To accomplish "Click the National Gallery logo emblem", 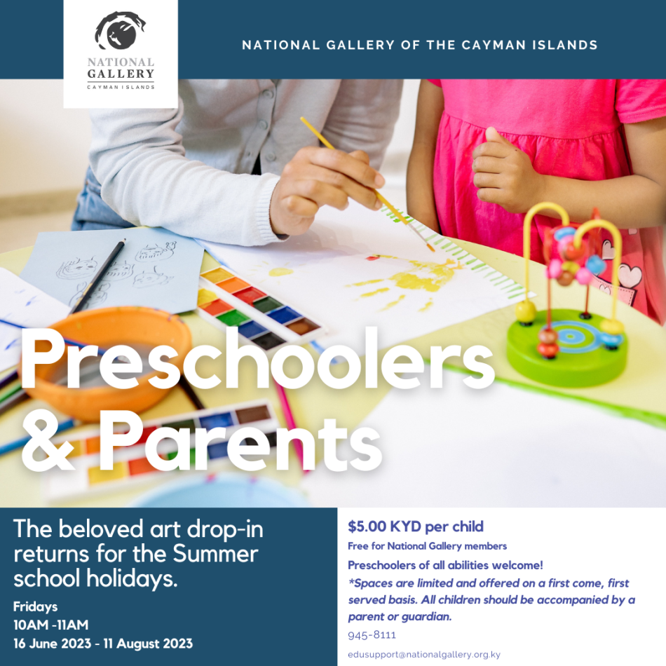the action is click(120, 31).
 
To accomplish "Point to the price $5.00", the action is click(367, 526).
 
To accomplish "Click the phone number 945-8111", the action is click(372, 635).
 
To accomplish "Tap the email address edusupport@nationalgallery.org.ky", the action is click(424, 655).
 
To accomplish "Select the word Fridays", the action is click(35, 606).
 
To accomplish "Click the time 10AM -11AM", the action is click(51, 625).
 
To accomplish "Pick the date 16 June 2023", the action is click(53, 644).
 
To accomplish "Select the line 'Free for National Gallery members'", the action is click(428, 546).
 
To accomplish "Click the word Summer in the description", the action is click(215, 554).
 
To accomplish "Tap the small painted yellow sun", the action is click(280, 271).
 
